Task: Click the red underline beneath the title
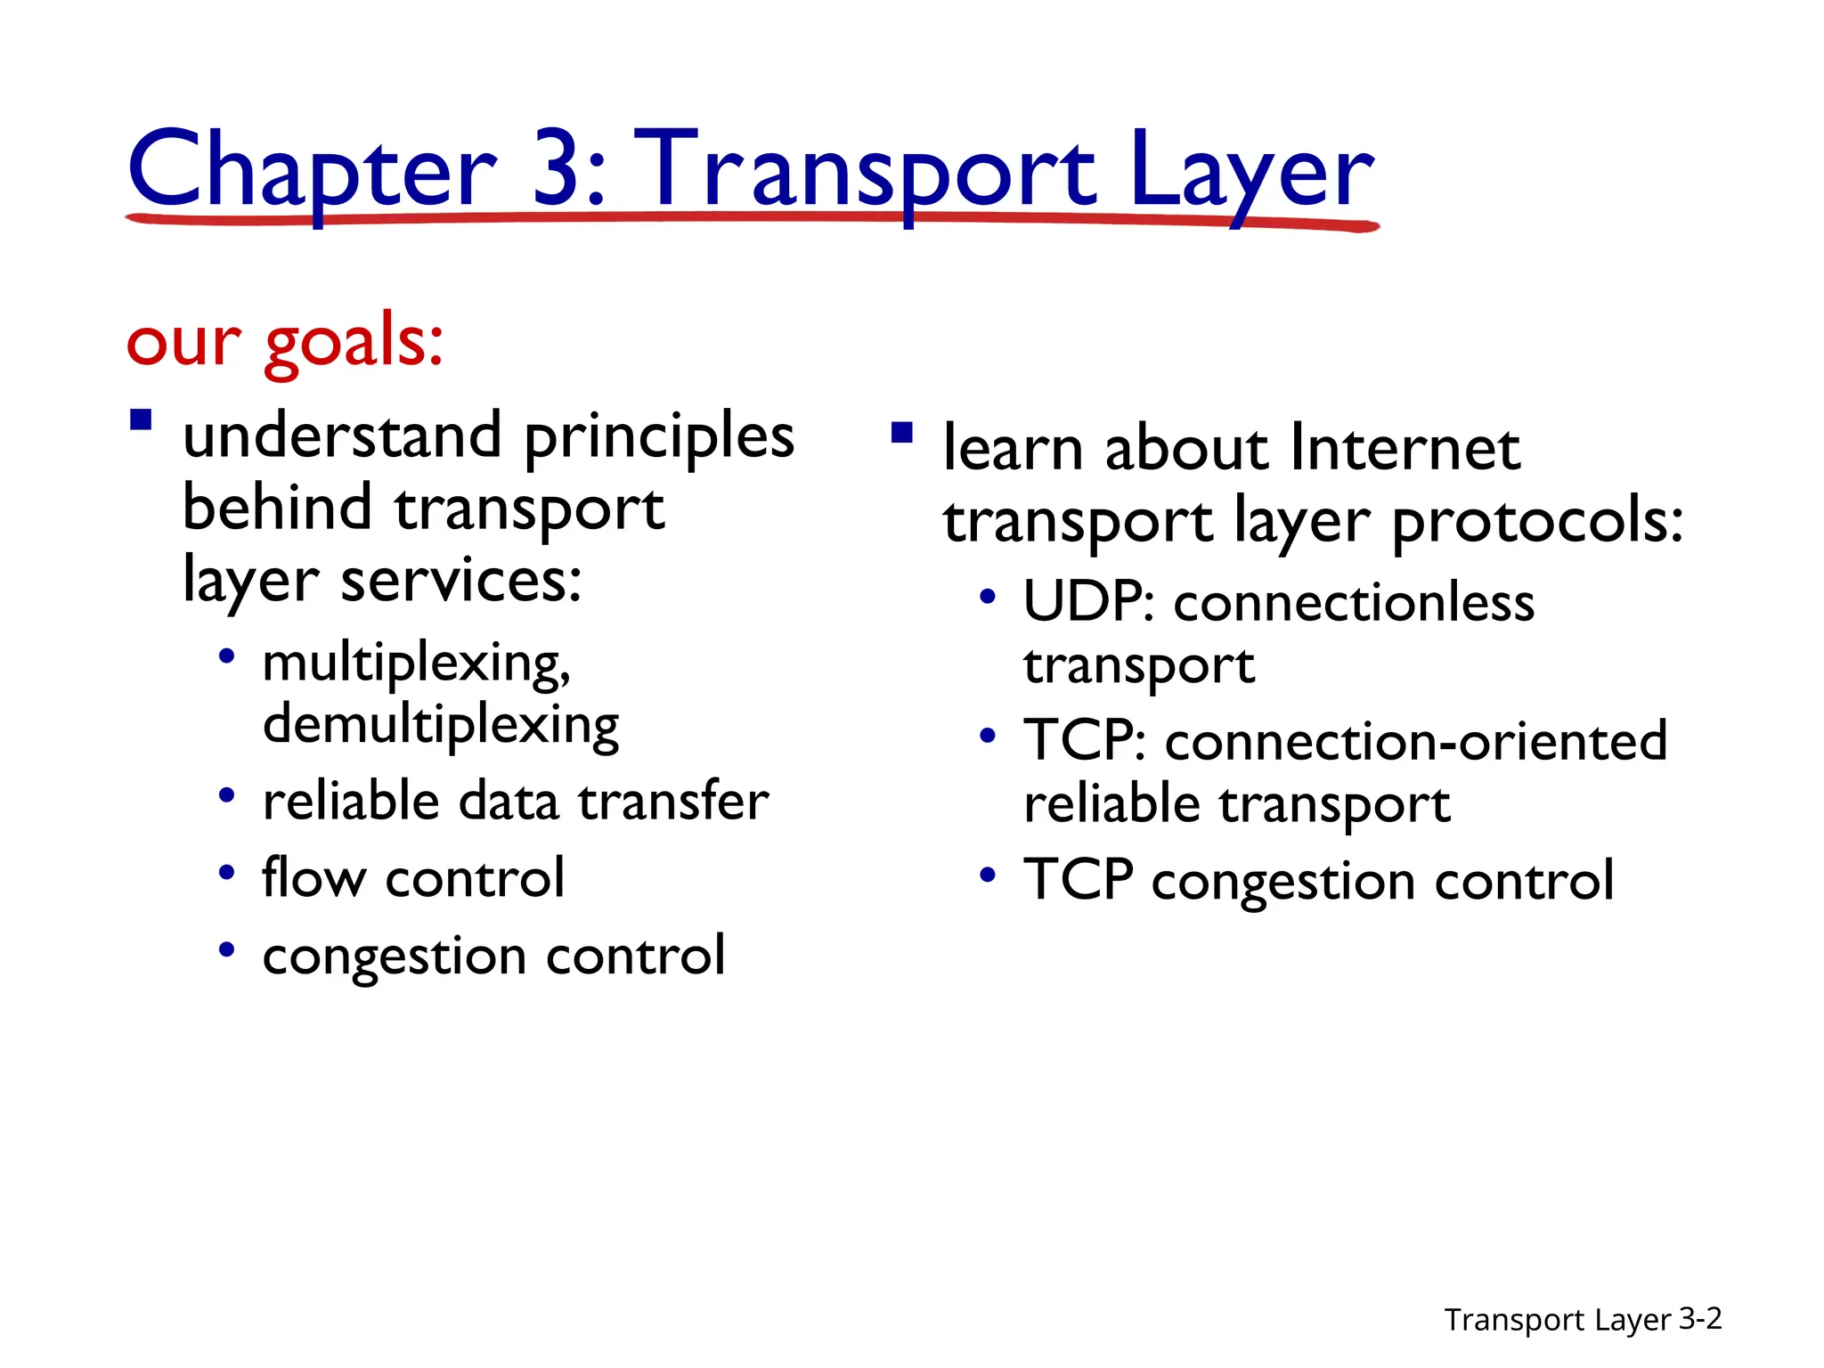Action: click(x=753, y=218)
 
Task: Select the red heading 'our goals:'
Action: click(x=285, y=343)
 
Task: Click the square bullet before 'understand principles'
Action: click(x=141, y=419)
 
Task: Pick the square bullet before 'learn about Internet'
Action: click(x=901, y=433)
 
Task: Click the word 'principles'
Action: click(x=659, y=438)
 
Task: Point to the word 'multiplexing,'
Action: click(x=416, y=664)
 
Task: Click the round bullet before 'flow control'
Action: click(x=227, y=872)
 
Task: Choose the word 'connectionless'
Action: click(x=1354, y=603)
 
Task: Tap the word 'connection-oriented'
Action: click(x=1416, y=741)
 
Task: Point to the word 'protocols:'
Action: click(x=1538, y=522)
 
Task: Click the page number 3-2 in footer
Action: click(x=1700, y=1318)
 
